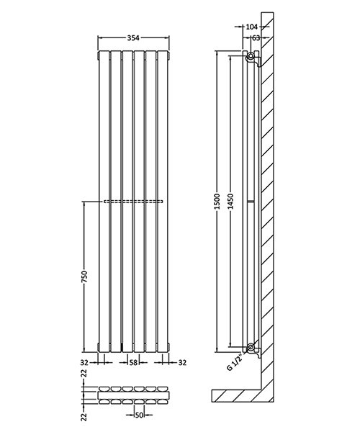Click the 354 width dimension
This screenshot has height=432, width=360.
pos(132,37)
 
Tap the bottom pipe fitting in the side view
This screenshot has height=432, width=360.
pos(250,349)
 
